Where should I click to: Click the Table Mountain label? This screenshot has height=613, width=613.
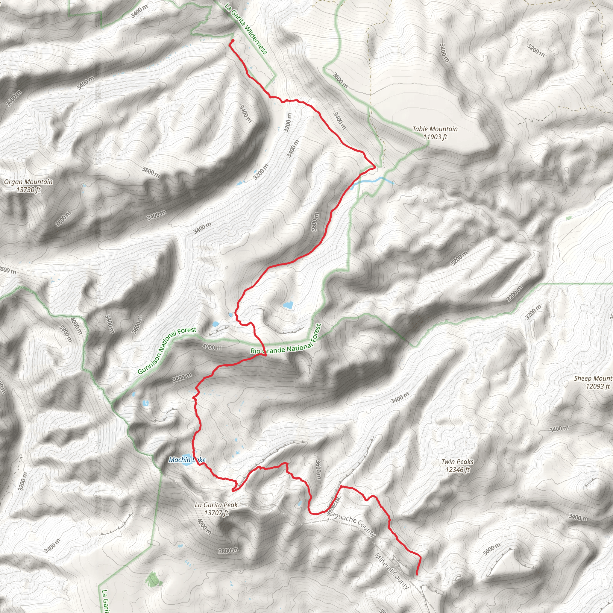(435, 129)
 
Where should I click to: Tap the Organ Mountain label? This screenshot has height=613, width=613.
(28, 182)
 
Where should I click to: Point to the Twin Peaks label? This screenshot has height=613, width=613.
(457, 462)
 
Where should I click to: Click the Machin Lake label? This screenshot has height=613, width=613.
(187, 460)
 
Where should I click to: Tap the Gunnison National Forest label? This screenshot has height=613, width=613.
(167, 350)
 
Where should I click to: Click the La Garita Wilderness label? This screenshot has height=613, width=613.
(246, 28)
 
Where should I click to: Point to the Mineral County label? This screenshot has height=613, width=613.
(392, 571)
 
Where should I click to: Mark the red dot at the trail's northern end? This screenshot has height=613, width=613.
(232, 41)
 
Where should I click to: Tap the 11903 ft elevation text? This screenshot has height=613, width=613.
(435, 137)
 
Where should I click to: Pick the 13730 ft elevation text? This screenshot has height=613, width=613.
(28, 190)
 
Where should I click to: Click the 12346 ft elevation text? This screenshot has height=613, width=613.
(457, 470)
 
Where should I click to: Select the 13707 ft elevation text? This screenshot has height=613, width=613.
(216, 512)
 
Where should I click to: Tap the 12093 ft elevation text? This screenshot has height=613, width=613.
(597, 386)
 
